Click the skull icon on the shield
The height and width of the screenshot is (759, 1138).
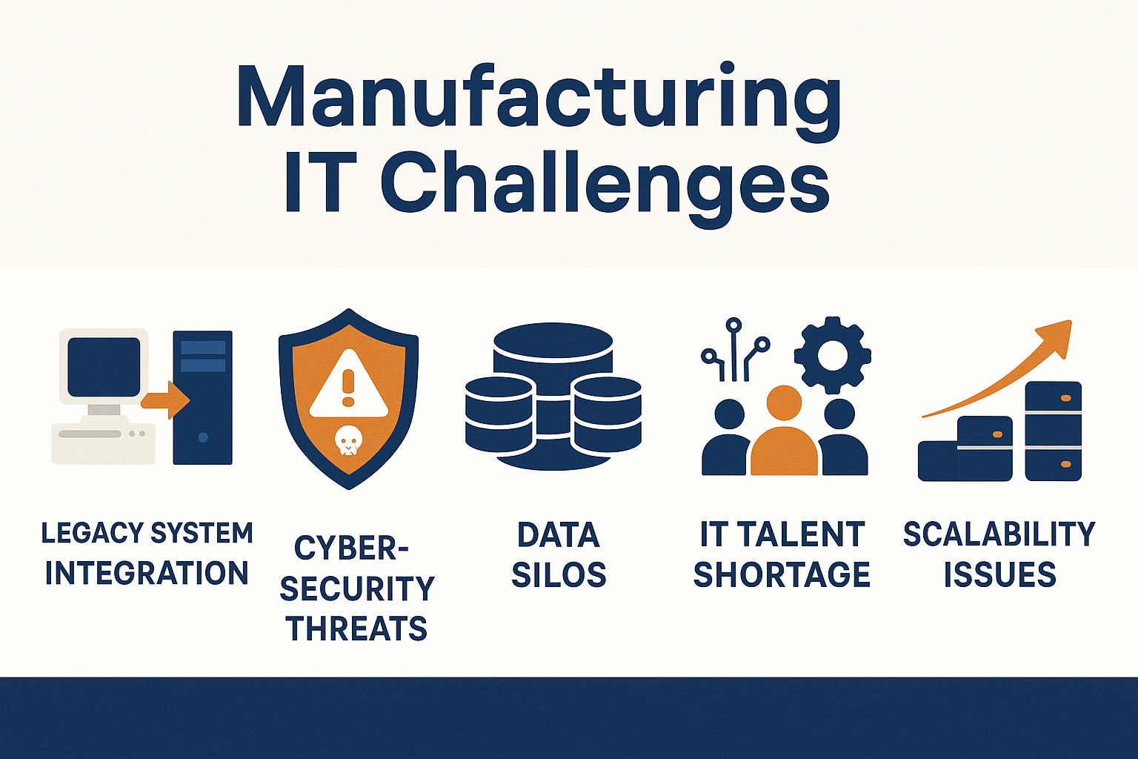click(348, 440)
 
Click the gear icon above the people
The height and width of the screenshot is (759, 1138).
click(832, 355)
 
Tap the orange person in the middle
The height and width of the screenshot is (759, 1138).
click(784, 431)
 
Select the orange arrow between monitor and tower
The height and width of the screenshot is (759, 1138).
click(166, 400)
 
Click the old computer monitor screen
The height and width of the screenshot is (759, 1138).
click(104, 367)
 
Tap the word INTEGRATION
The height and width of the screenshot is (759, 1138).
click(147, 573)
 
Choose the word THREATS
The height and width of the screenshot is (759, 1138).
click(356, 628)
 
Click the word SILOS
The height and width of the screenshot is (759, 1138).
click(559, 574)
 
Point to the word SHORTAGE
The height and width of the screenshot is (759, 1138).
click(782, 574)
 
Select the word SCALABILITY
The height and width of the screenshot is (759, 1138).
click(999, 534)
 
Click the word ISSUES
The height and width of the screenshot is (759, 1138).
click(999, 574)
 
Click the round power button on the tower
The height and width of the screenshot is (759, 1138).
click(203, 437)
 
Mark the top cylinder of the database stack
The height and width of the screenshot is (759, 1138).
click(553, 351)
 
